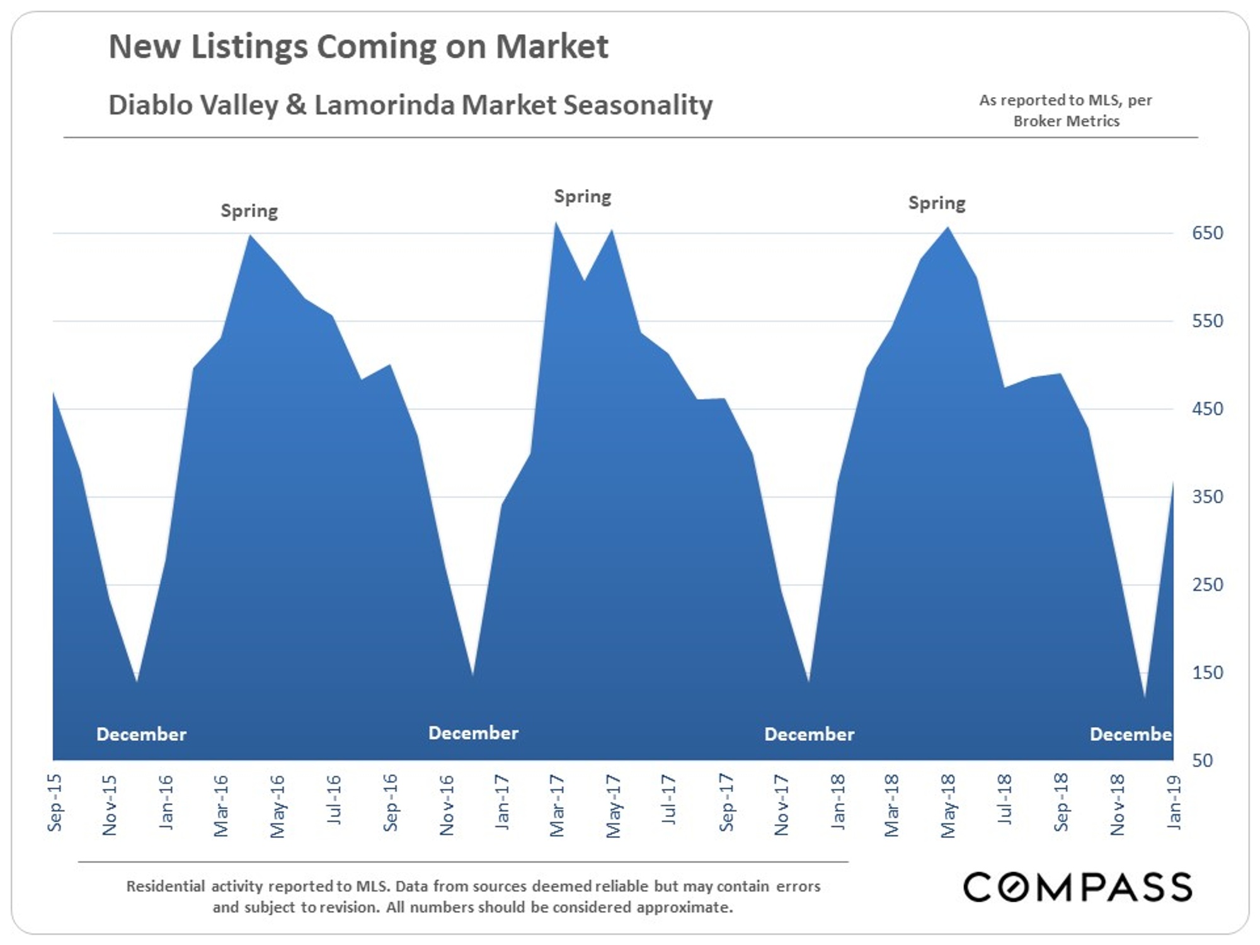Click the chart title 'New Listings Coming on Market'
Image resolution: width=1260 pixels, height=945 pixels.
358,47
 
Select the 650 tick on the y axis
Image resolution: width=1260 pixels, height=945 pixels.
1206,233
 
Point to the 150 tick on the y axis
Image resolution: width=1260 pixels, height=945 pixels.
1206,673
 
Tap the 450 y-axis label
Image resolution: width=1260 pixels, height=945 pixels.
1206,409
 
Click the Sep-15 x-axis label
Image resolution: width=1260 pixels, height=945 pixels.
55,803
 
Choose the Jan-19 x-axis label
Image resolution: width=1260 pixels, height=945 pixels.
1174,801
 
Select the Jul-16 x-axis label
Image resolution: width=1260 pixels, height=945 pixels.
335,799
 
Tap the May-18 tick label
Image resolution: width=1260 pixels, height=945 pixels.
949,806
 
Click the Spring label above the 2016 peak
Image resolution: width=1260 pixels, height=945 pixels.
249,211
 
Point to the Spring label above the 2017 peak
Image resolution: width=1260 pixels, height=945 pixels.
582,197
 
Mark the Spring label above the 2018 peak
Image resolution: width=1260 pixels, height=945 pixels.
936,203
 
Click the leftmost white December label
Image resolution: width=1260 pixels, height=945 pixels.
141,734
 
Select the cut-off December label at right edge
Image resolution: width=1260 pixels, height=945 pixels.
1130,734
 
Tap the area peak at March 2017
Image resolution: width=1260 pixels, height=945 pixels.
556,224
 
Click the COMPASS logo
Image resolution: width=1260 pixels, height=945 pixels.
1077,887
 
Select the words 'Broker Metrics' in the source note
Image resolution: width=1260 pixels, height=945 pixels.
1066,121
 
